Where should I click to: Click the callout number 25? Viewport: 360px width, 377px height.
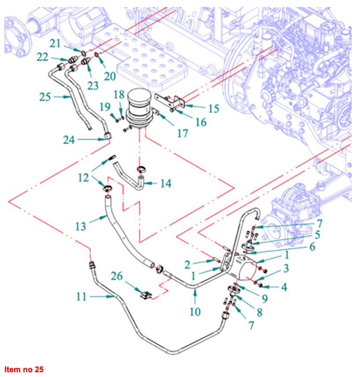coord(45,96)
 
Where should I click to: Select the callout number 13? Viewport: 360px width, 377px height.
coord(80,226)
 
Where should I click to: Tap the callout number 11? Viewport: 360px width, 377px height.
coord(81,297)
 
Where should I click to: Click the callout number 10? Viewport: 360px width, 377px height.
coord(195,312)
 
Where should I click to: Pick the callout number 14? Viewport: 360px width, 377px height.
coord(165,184)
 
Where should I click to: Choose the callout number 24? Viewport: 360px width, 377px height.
coord(70,140)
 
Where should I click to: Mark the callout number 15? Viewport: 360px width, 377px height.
coord(214,108)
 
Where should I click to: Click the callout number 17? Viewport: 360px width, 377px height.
coord(182,133)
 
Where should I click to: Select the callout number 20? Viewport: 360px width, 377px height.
coord(110,76)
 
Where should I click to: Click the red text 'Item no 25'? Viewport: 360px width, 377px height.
coord(24,369)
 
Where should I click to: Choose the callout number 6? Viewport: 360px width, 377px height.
coord(312,247)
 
